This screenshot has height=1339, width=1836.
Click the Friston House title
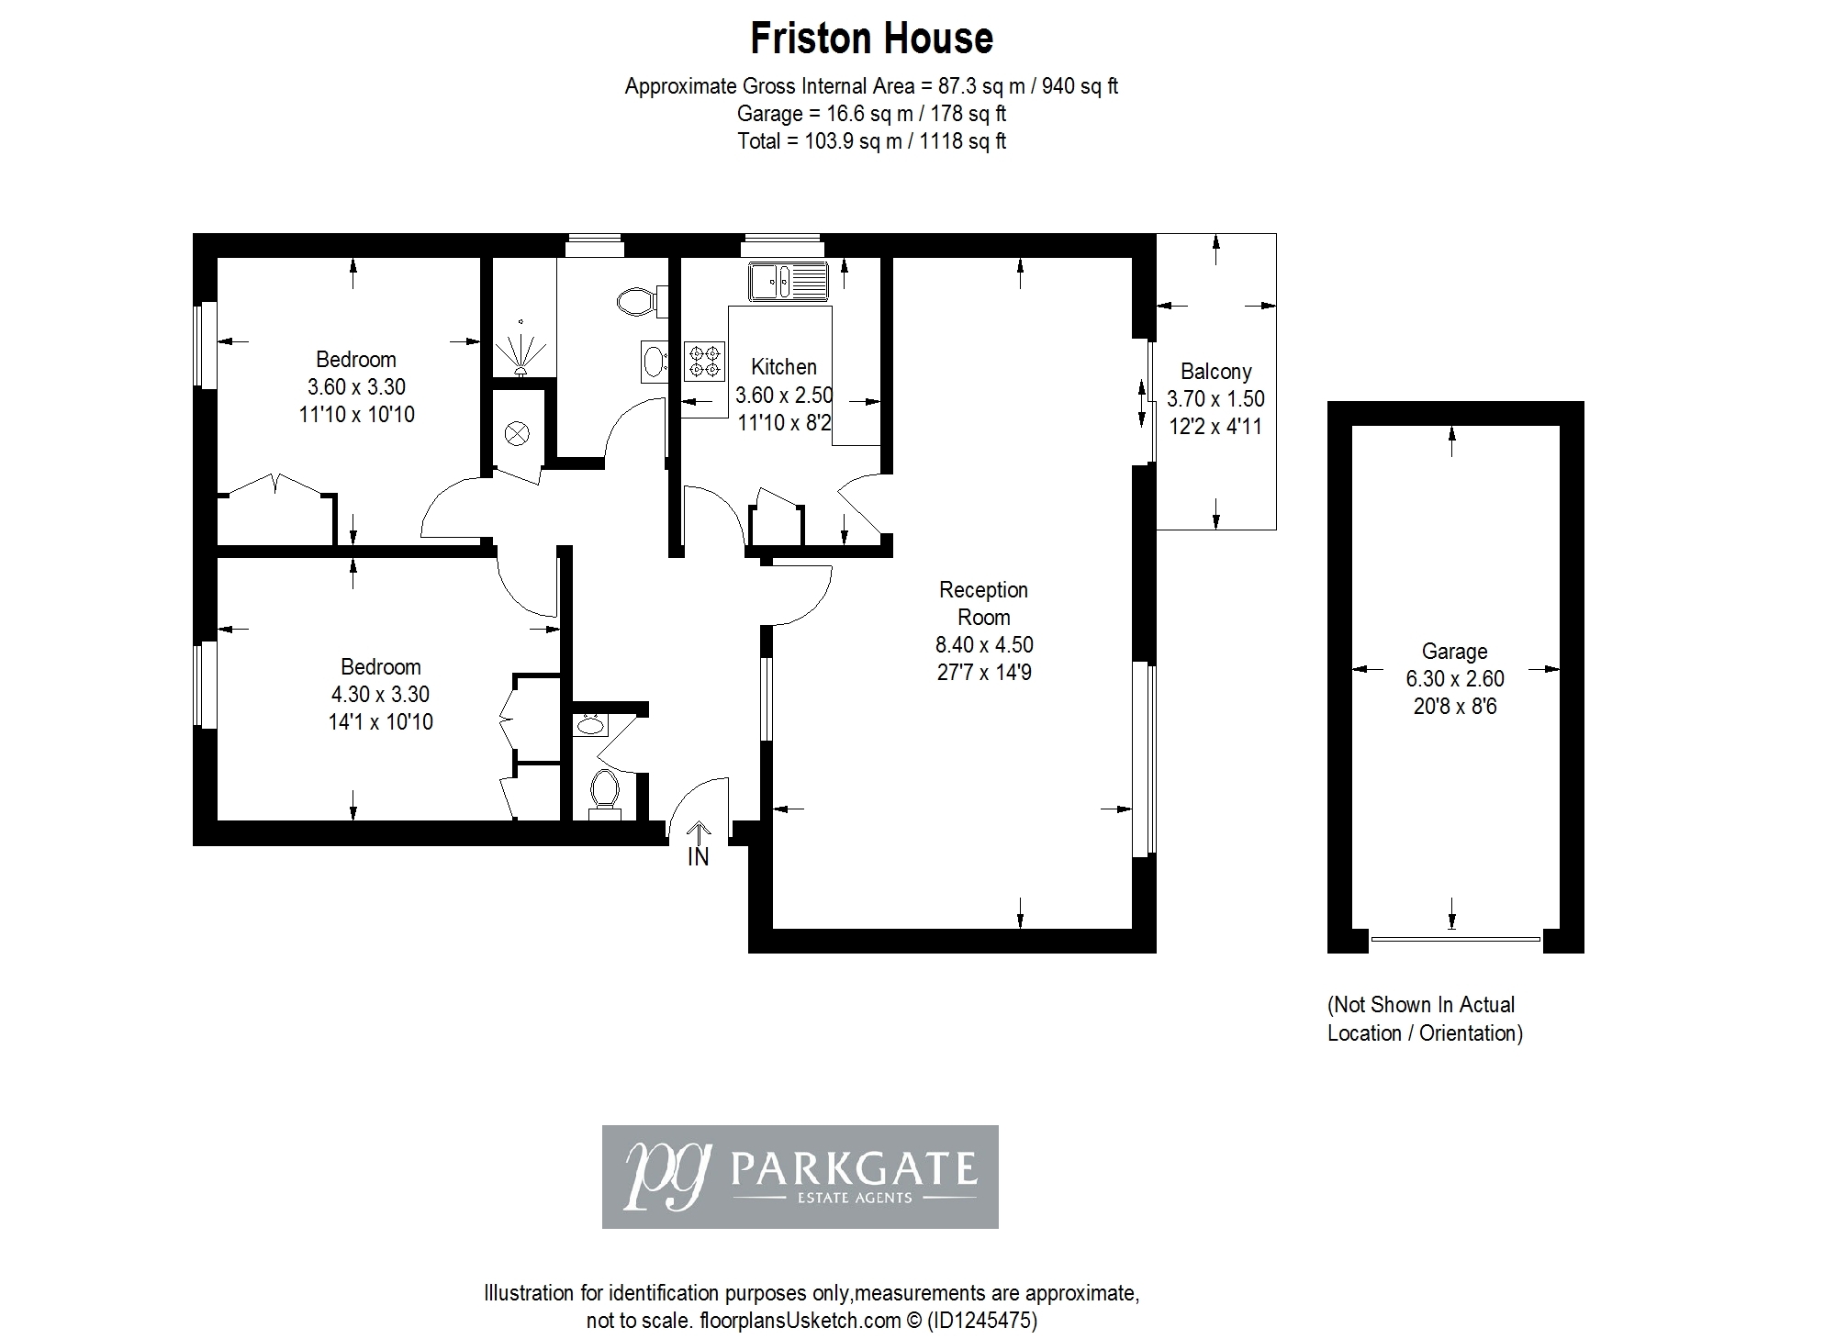tap(871, 39)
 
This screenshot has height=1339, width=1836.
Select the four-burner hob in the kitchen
tap(704, 361)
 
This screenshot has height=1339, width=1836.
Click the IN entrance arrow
tap(699, 843)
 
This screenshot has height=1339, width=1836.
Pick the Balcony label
tap(1216, 372)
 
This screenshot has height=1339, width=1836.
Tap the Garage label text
tap(1455, 652)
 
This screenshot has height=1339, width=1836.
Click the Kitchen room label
tap(784, 367)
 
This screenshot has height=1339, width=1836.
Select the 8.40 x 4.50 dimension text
tap(984, 645)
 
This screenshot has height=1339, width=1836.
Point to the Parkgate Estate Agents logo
tap(800, 1177)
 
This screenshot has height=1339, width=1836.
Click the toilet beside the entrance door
tap(604, 791)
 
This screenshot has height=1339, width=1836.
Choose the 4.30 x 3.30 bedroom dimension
tap(381, 695)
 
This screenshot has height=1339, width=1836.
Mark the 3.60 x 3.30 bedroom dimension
tap(356, 387)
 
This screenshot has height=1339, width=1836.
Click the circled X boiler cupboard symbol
tap(519, 433)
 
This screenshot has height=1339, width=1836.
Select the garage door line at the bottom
tap(1455, 939)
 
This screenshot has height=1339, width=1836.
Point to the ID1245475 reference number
tap(982, 1322)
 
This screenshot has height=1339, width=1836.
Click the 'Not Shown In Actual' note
tap(1421, 1005)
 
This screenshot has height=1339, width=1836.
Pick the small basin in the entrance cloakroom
tap(589, 725)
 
